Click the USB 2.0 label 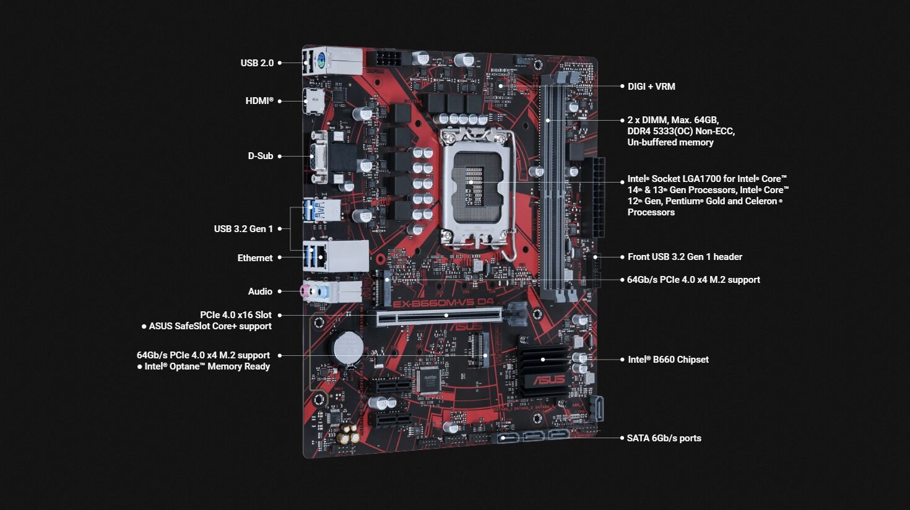coord(257,63)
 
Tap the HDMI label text coord(259,101)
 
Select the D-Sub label coord(261,156)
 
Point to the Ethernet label coord(255,258)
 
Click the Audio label coord(260,292)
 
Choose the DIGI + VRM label coord(651,87)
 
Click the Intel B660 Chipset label coord(669,360)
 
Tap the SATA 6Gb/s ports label coord(664,438)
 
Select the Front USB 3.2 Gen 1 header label coord(685,257)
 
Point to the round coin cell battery coord(348,347)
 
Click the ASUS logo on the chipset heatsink coord(548,379)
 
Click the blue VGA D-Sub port coord(315,157)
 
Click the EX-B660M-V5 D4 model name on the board coord(443,303)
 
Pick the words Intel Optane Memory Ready coord(207,366)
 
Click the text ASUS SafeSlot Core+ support coord(210,326)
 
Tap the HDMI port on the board coord(314,101)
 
